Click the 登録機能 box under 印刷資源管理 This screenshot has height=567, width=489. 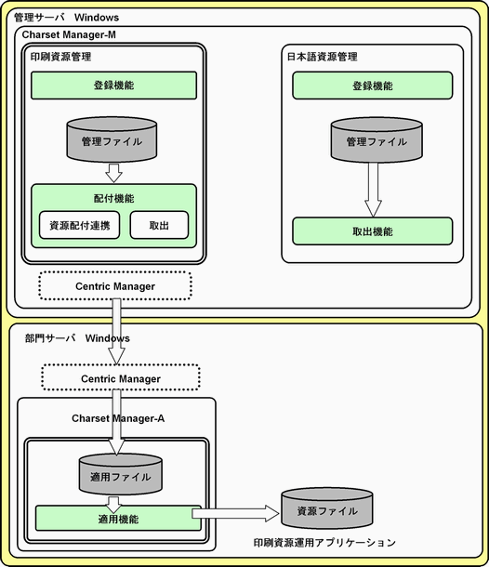[x=114, y=86]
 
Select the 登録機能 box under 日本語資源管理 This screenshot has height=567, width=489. [x=373, y=86]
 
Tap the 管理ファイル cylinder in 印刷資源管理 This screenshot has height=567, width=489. [x=112, y=139]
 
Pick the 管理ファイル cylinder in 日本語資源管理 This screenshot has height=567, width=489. [x=377, y=140]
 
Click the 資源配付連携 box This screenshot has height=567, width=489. [x=80, y=225]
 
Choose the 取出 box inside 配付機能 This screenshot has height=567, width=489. [x=159, y=225]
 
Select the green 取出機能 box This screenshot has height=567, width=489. [x=373, y=231]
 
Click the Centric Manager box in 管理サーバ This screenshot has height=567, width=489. [x=115, y=286]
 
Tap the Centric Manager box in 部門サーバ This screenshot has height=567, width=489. [x=121, y=378]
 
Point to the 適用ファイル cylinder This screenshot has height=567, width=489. [x=121, y=474]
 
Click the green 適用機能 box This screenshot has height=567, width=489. [x=118, y=519]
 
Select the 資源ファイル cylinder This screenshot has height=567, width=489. [x=327, y=508]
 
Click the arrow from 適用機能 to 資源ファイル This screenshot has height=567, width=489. [x=235, y=513]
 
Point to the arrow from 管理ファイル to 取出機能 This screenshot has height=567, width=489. [x=373, y=190]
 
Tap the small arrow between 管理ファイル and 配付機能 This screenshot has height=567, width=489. [x=113, y=173]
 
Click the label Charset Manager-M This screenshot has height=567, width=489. [x=69, y=34]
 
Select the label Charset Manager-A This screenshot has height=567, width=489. [x=118, y=418]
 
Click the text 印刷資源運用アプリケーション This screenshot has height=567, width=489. [x=324, y=543]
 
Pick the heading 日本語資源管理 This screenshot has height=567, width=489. [x=322, y=57]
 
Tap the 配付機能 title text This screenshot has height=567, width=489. [x=114, y=198]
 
